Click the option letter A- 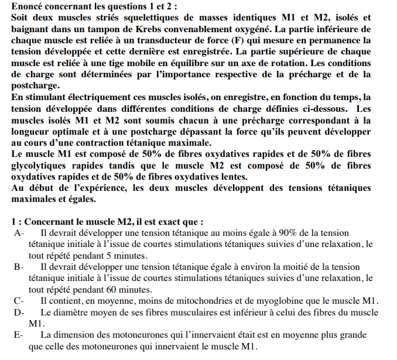click(19, 234)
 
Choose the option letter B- click(19, 267)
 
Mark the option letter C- click(19, 300)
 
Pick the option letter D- click(19, 312)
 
